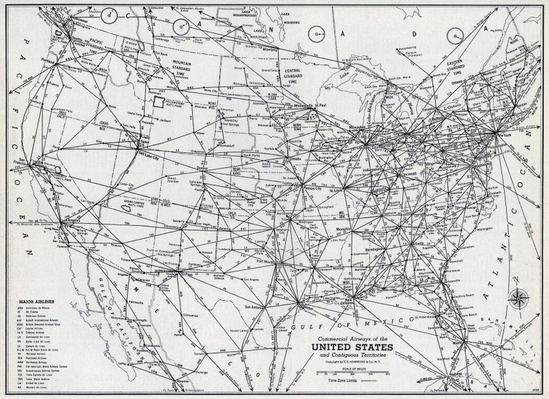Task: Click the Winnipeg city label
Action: pos(269,50)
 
